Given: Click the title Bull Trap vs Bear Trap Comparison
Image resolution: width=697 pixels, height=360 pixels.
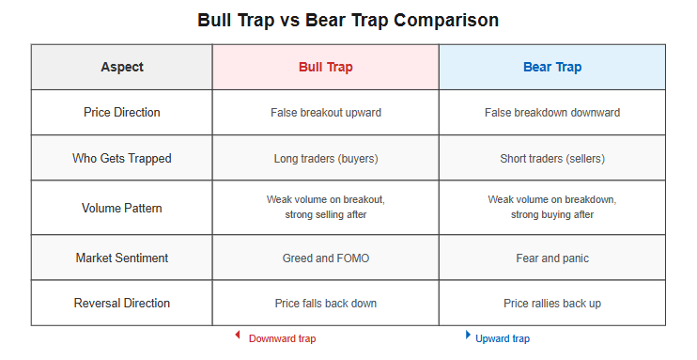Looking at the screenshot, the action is [348, 21].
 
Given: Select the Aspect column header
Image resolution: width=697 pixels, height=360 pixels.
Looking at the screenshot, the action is [122, 67].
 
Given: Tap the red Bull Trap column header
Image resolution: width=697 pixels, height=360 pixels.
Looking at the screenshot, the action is [326, 67].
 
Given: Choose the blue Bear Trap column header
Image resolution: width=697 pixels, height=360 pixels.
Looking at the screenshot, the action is [552, 67].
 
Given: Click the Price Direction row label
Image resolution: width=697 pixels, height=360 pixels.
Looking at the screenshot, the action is [122, 112].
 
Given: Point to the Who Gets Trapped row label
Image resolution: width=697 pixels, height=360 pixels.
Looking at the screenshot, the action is [122, 159].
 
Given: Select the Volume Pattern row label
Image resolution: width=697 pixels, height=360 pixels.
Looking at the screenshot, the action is [122, 208].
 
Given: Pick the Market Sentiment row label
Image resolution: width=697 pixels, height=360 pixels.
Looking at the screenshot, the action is [122, 258].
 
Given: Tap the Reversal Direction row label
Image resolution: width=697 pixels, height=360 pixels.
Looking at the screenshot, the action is [122, 303].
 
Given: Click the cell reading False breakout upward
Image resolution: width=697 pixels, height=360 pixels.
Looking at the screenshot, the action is [326, 113].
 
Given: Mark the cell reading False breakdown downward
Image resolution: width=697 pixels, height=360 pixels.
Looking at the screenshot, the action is [552, 113].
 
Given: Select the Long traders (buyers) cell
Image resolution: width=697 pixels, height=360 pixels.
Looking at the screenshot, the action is [326, 159].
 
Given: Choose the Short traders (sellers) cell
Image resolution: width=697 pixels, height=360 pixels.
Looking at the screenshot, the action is [552, 159].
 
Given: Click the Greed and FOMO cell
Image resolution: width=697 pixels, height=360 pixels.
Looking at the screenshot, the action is [326, 258].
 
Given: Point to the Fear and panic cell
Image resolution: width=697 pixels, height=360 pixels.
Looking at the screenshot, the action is [552, 258].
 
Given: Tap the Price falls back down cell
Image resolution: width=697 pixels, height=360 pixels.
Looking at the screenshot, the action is [326, 304].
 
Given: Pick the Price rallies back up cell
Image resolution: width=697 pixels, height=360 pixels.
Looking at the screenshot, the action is [552, 304].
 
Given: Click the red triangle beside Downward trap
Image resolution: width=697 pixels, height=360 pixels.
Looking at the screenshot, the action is [238, 335].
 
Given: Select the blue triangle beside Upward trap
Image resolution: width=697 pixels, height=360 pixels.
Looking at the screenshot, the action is [468, 335].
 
